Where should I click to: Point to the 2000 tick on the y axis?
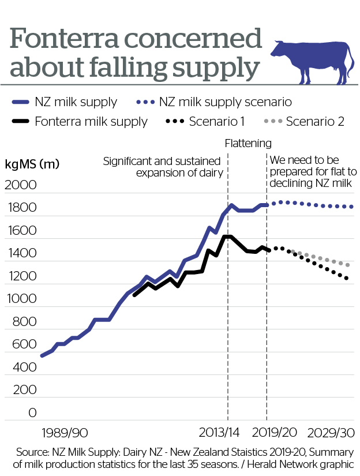tap(21, 186)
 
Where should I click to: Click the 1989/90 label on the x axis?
tap(64, 432)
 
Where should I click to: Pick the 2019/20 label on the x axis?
tap(274, 432)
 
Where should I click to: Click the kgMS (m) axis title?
tap(32, 164)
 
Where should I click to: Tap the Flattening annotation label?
tap(247, 143)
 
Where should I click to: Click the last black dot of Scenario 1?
tap(347, 279)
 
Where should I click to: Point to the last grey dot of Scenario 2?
tap(347, 265)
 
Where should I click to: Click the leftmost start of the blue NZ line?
tap(42, 355)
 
